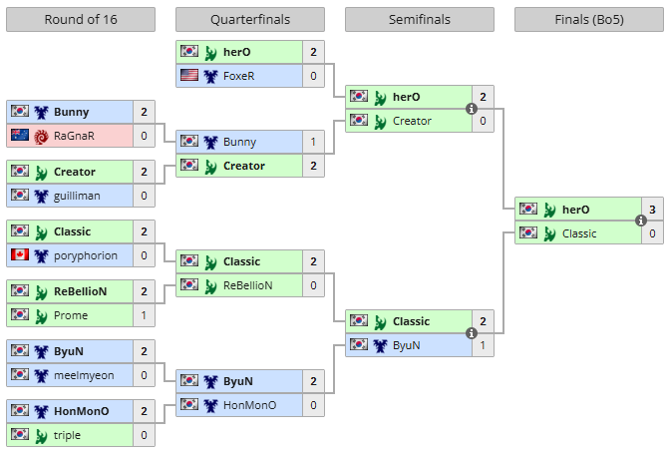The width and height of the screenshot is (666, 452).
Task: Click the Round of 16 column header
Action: [x=81, y=20]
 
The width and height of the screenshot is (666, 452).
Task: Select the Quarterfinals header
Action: [x=250, y=20]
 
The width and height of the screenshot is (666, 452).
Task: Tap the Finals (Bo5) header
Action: [x=589, y=20]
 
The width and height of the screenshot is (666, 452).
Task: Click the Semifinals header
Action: [x=420, y=20]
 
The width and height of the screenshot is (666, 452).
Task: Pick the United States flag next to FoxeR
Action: [x=189, y=76]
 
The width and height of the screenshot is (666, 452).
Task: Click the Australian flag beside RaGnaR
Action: [x=20, y=136]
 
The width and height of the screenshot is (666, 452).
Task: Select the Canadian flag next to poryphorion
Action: [x=20, y=255]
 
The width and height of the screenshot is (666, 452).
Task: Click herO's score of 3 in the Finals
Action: [x=652, y=210]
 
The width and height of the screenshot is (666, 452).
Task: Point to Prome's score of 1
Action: [x=144, y=315]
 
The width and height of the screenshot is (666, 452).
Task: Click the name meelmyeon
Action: [x=84, y=375]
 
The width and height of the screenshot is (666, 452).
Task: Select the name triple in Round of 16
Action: [x=68, y=435]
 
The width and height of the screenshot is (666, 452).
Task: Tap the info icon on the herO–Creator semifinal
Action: [x=471, y=110]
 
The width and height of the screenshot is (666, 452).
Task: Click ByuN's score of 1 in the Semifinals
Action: [x=483, y=345]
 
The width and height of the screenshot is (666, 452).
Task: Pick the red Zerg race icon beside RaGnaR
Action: [x=41, y=136]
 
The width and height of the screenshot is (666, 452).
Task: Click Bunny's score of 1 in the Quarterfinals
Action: [x=313, y=142]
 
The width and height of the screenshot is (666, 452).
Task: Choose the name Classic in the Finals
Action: [x=579, y=233]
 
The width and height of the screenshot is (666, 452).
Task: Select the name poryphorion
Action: [x=86, y=255]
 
